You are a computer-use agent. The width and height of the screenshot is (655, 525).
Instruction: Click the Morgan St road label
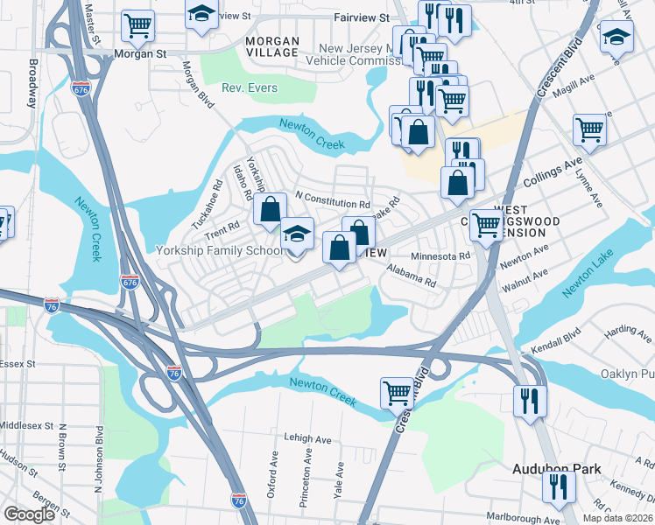click(x=140, y=53)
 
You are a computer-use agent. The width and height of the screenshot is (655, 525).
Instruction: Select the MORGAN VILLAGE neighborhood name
click(x=272, y=47)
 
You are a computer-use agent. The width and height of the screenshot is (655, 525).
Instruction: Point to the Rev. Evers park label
click(x=250, y=88)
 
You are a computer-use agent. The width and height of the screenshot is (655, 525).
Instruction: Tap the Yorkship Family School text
click(x=220, y=250)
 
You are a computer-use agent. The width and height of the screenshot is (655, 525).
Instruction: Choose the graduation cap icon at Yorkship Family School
click(x=297, y=234)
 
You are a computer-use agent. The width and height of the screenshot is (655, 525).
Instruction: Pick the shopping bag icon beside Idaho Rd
click(x=270, y=209)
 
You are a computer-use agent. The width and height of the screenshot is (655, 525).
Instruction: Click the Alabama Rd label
click(x=411, y=276)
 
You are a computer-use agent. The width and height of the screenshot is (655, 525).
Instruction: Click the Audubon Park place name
click(x=556, y=469)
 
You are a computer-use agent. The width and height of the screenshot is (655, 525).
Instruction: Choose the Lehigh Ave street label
click(x=306, y=438)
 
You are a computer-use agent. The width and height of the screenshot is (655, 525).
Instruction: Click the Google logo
click(x=30, y=514)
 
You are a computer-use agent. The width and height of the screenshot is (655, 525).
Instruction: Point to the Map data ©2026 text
click(x=616, y=518)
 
